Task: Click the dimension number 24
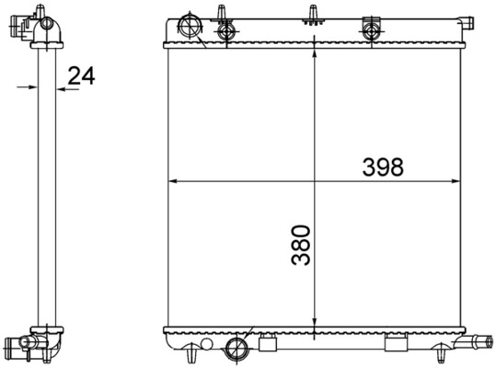click(x=81, y=76)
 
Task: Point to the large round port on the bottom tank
click(x=236, y=348)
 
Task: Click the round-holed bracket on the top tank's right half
click(x=372, y=29)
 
